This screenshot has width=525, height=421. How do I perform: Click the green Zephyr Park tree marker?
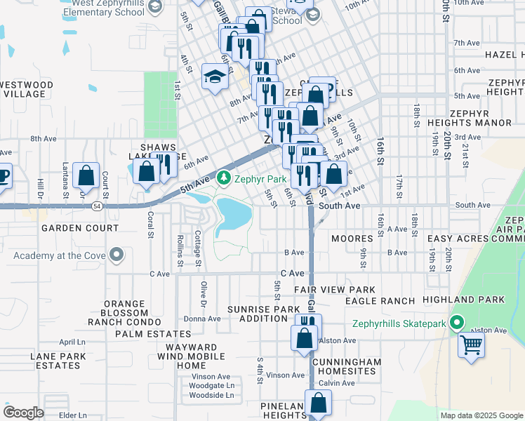coord(224,178)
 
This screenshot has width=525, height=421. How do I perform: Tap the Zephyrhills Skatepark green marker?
coord(457,323)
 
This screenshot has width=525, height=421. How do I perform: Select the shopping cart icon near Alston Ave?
coord(472,345)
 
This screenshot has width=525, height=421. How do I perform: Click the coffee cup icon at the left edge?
coord(3,175)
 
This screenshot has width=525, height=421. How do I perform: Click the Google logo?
coord(23,413)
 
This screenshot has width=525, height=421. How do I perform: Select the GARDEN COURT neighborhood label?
coord(79,228)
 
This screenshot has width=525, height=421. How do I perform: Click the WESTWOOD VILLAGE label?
coord(27,89)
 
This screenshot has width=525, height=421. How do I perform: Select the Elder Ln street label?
coord(73,415)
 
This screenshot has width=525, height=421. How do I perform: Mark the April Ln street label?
coord(72,342)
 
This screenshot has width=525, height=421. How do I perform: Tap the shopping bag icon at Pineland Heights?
coord(319,405)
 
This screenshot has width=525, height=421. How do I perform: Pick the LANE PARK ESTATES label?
coord(58,361)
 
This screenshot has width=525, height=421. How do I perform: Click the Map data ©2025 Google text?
coord(481,415)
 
